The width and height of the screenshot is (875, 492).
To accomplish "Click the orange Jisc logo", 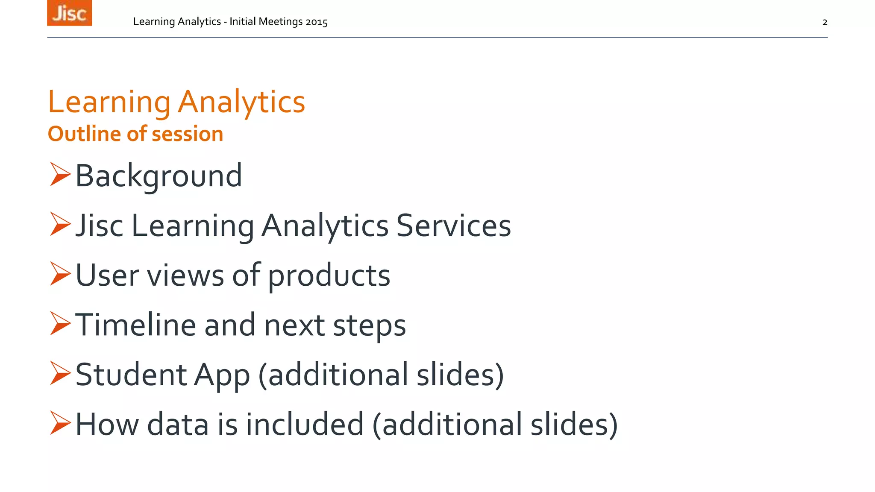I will pyautogui.click(x=69, y=13).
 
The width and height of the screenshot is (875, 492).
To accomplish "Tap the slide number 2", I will pyautogui.click(x=825, y=22).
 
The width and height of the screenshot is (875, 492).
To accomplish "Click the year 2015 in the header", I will pyautogui.click(x=316, y=22).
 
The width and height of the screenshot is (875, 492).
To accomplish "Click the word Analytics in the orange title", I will pyautogui.click(x=241, y=102).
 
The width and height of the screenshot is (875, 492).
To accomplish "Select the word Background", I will pyautogui.click(x=159, y=176).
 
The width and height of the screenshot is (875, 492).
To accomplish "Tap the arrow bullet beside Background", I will pyautogui.click(x=59, y=174).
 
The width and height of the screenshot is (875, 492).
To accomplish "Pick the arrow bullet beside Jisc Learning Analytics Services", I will pyautogui.click(x=59, y=224).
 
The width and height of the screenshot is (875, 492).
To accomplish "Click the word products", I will pyautogui.click(x=329, y=276).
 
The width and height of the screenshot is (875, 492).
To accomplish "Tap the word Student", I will pyautogui.click(x=131, y=375).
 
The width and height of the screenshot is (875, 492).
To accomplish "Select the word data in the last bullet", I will pyautogui.click(x=178, y=425).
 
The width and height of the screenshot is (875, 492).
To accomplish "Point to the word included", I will pyautogui.click(x=305, y=425).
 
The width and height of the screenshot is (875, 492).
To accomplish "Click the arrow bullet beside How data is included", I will pyautogui.click(x=59, y=423).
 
